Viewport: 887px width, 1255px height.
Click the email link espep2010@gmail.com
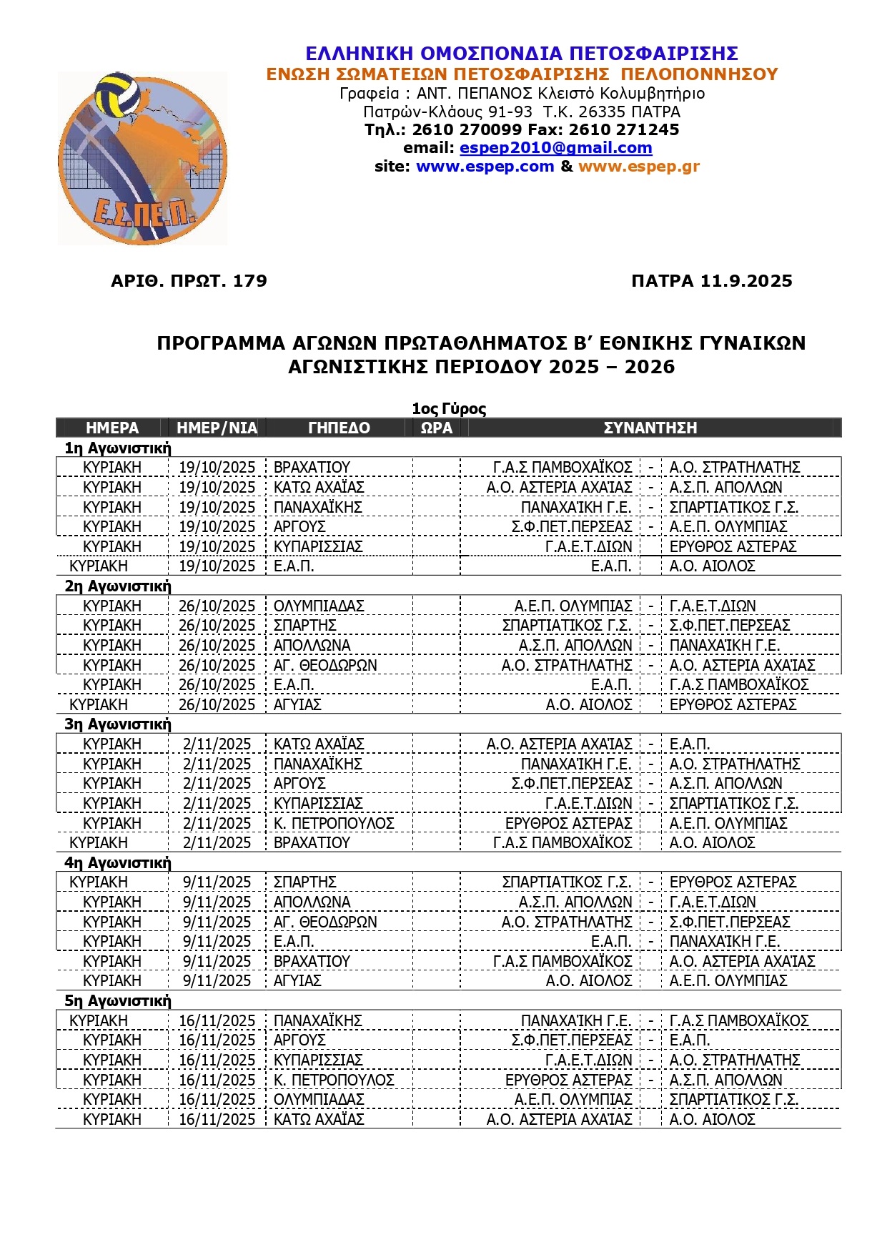[555, 148]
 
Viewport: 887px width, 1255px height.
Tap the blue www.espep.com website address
[485, 167]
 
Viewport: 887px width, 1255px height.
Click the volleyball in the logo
[119, 94]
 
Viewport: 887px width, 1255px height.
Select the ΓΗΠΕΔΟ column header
[339, 428]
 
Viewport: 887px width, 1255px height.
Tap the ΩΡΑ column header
[436, 428]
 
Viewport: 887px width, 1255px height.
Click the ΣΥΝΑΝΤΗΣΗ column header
[650, 428]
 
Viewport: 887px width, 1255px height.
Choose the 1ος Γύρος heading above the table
[449, 409]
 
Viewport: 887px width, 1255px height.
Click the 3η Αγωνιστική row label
[118, 724]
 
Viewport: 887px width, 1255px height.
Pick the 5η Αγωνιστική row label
[118, 1000]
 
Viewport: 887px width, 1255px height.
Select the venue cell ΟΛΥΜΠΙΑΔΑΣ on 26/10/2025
[319, 606]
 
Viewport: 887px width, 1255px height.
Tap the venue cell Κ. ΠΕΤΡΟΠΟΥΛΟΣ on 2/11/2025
[334, 823]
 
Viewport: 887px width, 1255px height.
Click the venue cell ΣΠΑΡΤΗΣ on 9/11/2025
[305, 882]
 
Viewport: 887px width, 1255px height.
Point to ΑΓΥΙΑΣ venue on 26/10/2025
[297, 704]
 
